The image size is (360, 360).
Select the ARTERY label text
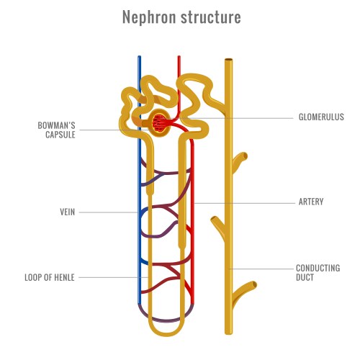pyautogui.click(x=310, y=202)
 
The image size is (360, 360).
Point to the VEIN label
pyautogui.click(x=67, y=212)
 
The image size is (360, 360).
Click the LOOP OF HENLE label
pyautogui.click(x=50, y=276)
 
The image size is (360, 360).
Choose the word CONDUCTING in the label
pyautogui.click(x=318, y=268)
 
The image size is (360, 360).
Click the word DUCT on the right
pyautogui.click(x=305, y=277)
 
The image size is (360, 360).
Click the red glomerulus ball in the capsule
pyautogui.click(x=161, y=123)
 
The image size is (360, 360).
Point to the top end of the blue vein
pyautogui.click(x=140, y=58)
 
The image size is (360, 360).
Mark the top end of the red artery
pyautogui.click(x=177, y=58)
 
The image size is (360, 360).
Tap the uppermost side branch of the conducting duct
pyautogui.click(x=241, y=157)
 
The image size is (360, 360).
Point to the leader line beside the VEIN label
pyautogui.click(x=108, y=212)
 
